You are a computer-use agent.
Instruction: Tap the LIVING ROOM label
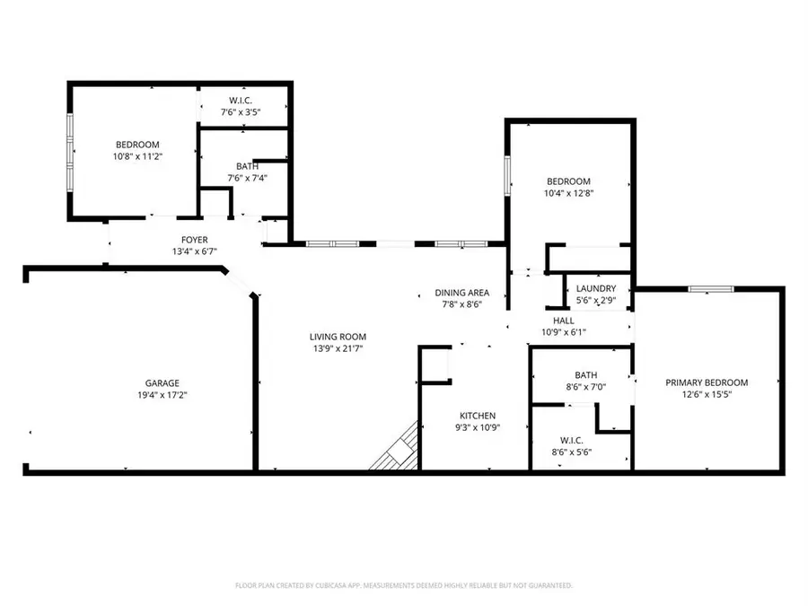[338, 337]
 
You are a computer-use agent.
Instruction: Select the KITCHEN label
[479, 416]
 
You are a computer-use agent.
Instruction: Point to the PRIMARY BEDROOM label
[706, 382]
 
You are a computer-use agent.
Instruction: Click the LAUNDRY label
[596, 288]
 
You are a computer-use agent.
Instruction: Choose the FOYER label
[194, 240]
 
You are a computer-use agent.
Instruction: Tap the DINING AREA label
[461, 293]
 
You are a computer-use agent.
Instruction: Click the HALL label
[563, 321]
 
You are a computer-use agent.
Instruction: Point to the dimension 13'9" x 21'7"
[338, 348]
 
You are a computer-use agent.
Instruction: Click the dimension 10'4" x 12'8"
[568, 192]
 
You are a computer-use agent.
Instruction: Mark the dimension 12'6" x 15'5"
[706, 393]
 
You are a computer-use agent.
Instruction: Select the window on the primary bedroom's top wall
[710, 289]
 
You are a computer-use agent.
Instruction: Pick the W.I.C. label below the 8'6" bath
[571, 440]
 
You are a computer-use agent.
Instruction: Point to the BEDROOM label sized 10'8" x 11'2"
[136, 145]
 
